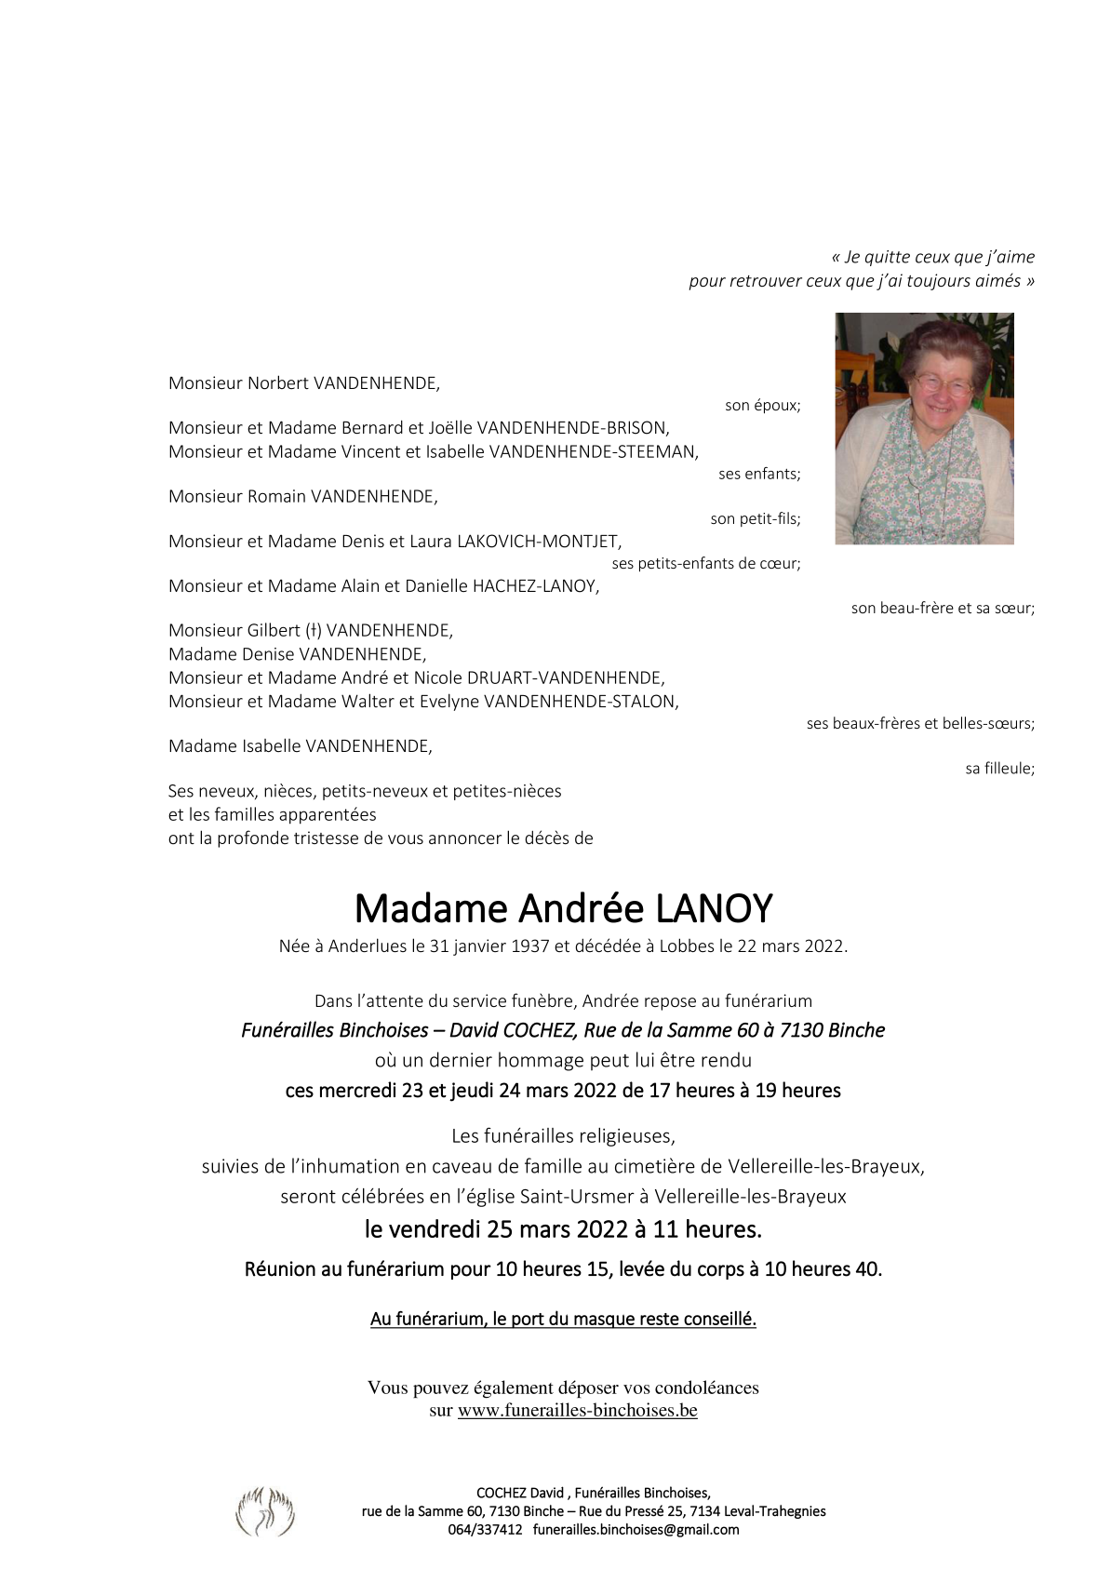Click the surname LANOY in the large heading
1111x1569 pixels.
[702, 908]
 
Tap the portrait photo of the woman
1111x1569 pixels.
[924, 429]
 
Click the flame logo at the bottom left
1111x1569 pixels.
[265, 1511]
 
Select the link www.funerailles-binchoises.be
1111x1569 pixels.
[577, 1411]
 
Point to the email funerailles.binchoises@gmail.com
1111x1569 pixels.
[636, 1529]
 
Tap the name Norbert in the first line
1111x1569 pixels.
[278, 383]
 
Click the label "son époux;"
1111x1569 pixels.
[762, 406]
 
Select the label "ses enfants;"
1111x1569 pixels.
[758, 474]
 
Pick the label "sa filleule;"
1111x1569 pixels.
[999, 769]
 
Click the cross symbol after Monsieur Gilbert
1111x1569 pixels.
[313, 630]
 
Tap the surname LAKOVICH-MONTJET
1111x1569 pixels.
[538, 541]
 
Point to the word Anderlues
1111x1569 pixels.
[368, 947]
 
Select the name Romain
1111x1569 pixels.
[278, 496]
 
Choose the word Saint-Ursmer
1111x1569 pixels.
[577, 1197]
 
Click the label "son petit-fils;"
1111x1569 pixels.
[755, 519]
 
